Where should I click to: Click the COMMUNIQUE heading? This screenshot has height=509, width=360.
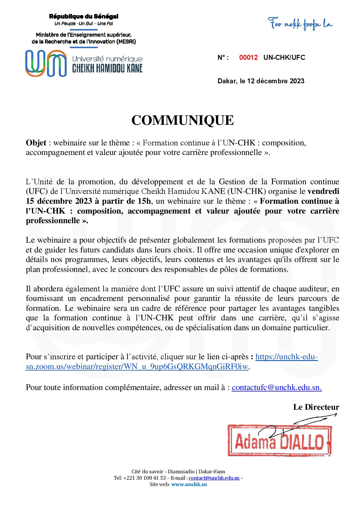point(182,120)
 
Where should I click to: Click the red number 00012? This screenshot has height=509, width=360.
point(248,57)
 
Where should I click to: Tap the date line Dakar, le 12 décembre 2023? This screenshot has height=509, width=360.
point(261,81)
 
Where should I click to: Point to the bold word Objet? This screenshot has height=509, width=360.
point(36,143)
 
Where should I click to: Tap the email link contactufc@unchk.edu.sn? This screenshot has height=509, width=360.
point(276,387)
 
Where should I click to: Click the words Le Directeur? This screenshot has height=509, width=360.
point(316,407)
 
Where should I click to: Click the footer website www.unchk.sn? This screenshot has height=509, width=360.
point(189,484)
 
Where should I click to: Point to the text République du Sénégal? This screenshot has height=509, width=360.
point(83,17)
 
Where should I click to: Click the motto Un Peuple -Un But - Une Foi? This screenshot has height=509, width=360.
point(84,24)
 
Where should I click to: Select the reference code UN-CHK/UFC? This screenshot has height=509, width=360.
point(284,57)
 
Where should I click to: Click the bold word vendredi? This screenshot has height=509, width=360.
point(323,191)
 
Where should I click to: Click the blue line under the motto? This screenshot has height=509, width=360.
point(84,29)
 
